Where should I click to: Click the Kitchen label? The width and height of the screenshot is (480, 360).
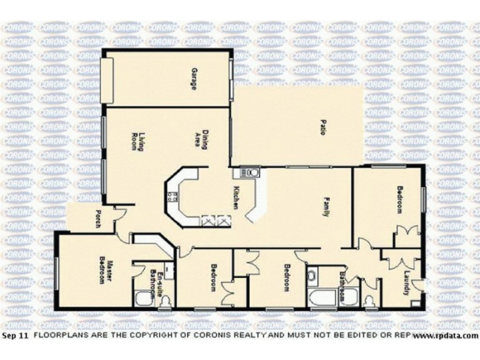(236, 197)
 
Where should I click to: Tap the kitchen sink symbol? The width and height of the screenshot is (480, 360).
(250, 173)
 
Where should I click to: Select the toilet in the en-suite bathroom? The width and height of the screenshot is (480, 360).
(142, 298)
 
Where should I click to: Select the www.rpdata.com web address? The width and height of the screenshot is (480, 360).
(446, 337)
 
